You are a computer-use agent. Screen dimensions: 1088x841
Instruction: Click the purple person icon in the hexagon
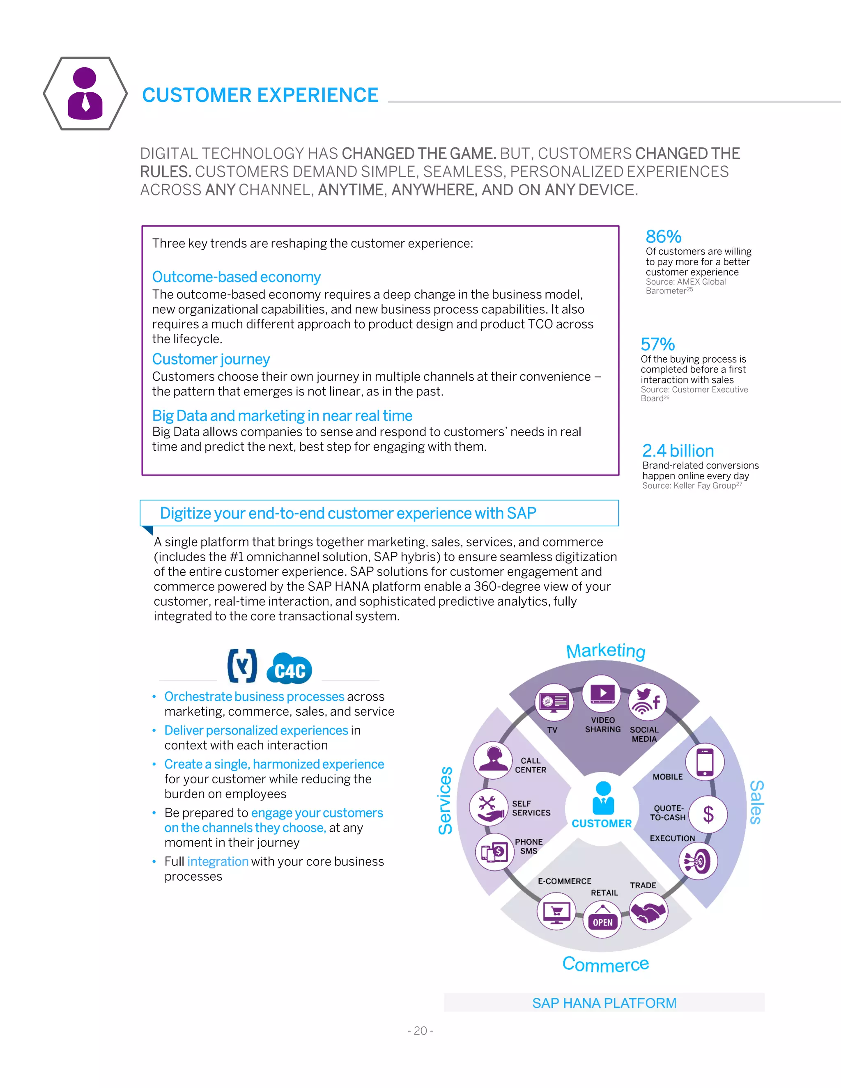point(85,94)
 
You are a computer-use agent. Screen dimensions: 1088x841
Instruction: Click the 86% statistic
point(663,236)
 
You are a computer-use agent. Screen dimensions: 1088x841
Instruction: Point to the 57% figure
point(658,344)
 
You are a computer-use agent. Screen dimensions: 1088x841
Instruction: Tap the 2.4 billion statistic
point(678,451)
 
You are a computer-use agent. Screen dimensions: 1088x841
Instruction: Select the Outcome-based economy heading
point(236,277)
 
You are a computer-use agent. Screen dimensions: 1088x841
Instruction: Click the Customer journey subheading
point(211,359)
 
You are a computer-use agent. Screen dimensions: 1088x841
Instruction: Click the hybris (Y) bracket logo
point(242,666)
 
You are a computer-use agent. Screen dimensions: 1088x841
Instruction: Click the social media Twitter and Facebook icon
point(648,701)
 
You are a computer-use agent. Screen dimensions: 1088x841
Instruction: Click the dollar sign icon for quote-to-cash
point(708,815)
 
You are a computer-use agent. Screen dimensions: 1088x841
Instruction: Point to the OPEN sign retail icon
point(602,920)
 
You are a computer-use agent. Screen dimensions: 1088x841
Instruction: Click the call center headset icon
point(493,761)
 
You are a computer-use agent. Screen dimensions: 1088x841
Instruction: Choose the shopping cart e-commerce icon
point(556,911)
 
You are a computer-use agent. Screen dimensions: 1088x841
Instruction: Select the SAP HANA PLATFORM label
point(604,1003)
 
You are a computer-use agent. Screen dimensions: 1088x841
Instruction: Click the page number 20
point(420,1031)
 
